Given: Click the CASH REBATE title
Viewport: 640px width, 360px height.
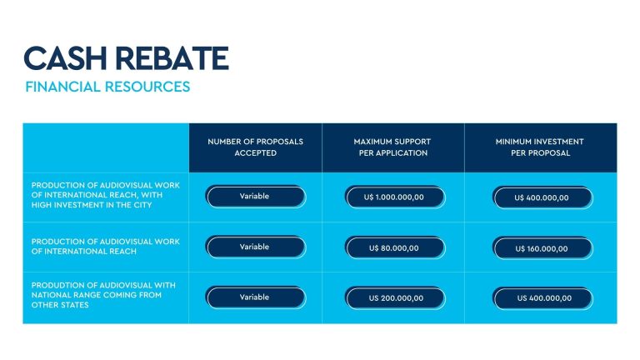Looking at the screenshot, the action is (x=126, y=58).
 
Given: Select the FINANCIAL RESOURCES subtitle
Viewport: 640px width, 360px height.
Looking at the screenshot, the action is (x=107, y=87).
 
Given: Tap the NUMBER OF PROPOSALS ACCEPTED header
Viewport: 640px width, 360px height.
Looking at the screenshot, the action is (x=256, y=147).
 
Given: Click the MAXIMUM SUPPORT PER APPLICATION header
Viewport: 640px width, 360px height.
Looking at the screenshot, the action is (x=392, y=147).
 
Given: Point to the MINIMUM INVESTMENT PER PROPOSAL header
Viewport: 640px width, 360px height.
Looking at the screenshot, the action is (x=540, y=147).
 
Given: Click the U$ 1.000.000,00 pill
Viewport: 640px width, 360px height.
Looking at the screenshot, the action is (x=395, y=197).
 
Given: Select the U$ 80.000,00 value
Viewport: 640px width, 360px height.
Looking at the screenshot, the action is (x=395, y=248).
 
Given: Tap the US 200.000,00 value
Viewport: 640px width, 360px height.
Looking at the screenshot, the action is (x=395, y=298).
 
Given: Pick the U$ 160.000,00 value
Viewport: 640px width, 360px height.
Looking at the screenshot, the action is (x=542, y=248).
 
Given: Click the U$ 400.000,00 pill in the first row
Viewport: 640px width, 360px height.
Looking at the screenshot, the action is (x=542, y=198).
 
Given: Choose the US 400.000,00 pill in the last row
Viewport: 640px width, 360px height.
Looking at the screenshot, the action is (x=542, y=298).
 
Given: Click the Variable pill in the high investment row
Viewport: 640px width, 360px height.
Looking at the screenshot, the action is (x=256, y=197).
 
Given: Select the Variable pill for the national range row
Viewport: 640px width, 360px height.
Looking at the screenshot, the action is (x=256, y=297).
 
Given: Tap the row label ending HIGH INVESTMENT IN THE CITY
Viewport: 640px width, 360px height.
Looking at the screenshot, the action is (x=105, y=195).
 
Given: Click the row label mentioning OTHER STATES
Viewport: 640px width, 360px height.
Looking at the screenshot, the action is (x=103, y=295).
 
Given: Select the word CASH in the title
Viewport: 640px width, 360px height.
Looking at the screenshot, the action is (x=65, y=58).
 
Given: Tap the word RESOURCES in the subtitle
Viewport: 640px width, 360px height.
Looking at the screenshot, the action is (x=147, y=87).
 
